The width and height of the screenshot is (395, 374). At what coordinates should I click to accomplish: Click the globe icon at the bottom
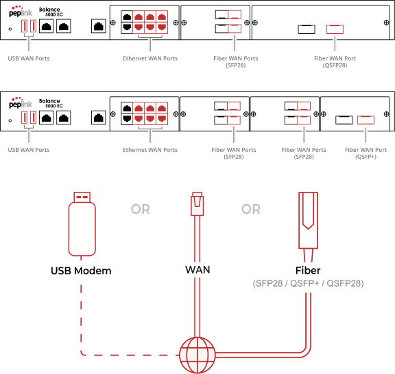coord(197,355)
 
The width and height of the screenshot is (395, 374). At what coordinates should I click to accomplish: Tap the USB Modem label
coord(81,271)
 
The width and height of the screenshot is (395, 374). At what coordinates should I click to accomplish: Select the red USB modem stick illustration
coord(82,223)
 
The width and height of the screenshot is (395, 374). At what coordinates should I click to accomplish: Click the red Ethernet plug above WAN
coord(197,203)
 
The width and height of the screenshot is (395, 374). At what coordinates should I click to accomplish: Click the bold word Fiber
coord(308,270)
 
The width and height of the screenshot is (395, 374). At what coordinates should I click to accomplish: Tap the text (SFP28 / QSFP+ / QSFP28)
coord(308,283)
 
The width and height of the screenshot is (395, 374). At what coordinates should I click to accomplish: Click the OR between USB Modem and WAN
coord(141,209)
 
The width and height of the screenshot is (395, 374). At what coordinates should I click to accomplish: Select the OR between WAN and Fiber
coord(251,209)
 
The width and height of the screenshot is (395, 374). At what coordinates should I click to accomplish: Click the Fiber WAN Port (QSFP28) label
coord(335,62)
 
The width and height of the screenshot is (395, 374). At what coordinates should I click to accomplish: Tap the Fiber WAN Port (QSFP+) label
coord(366,153)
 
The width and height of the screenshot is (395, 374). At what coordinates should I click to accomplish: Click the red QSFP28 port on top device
coord(335,29)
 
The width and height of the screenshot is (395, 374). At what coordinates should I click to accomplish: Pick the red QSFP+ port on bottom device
coord(366,120)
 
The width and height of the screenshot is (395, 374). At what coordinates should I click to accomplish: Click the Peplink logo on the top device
coord(21,12)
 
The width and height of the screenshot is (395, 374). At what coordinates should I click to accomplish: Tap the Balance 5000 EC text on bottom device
coord(51,103)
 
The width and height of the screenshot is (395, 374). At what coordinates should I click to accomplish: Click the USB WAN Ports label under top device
coord(29,58)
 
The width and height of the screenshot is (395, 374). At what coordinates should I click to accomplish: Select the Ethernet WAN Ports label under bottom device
coord(150,150)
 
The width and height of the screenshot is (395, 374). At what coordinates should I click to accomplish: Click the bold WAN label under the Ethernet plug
coord(197,269)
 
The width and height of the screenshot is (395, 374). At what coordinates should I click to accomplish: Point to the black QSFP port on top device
coord(307,29)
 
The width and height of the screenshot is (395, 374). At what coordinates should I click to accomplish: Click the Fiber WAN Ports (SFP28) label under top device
coord(235,62)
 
